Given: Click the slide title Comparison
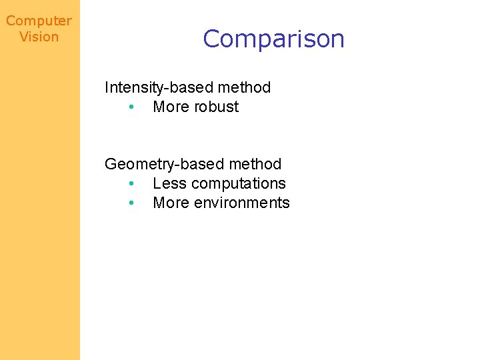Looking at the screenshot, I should tap(273, 39).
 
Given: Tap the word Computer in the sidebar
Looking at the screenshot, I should tap(39, 21).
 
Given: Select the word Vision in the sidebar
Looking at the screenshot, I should tap(39, 37).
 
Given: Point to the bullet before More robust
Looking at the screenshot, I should tap(133, 107).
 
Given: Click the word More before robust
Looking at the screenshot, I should tap(169, 107).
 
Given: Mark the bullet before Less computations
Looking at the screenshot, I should tap(133, 184).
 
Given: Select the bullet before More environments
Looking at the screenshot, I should tap(133, 203).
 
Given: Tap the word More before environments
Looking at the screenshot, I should tap(169, 203).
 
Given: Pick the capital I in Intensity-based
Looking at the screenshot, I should tap(107, 87).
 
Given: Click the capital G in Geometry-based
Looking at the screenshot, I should tap(111, 164).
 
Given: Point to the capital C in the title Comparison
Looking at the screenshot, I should tap(213, 39).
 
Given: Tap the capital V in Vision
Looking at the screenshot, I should tap(24, 37).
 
